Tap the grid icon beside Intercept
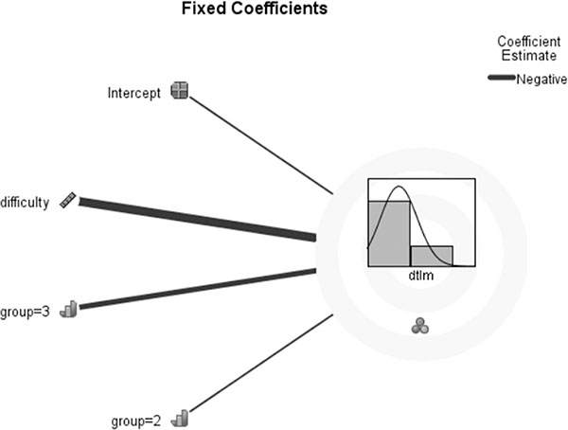[179, 91]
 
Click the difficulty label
[26, 202]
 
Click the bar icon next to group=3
[67, 308]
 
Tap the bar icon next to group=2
[182, 415]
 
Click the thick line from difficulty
[199, 219]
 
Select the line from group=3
[199, 289]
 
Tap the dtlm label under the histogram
[417, 276]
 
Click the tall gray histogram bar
[388, 232]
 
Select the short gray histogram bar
[431, 255]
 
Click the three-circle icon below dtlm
[420, 326]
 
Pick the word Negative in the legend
[540, 81]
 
